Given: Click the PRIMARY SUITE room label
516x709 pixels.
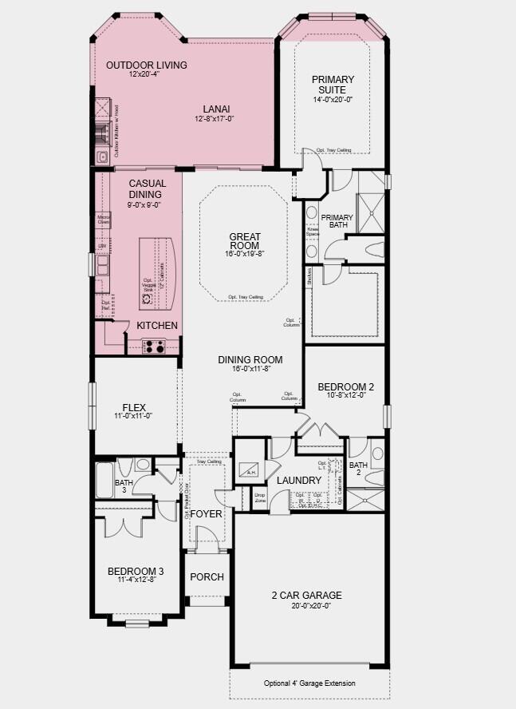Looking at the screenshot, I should coord(333,85).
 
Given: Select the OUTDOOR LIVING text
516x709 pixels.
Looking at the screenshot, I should coord(146,65).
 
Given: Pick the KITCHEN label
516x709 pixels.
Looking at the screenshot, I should coord(157,326).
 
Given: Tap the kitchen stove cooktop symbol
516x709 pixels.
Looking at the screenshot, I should coord(153,347).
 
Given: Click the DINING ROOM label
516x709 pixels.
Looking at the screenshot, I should coord(250,360).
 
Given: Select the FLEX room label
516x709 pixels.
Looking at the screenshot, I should coord(132,406).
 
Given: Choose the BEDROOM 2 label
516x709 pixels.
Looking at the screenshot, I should coord(346,386).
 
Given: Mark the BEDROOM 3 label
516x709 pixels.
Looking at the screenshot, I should coord(136,571).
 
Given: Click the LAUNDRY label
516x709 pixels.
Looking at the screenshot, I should coord(298,481).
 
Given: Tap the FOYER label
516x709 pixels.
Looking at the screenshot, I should coord(206,513).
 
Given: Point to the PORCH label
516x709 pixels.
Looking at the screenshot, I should coord(207,577).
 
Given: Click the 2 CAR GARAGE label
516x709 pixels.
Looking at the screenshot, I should coord(306,595).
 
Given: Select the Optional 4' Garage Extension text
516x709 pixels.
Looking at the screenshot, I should coord(309,683).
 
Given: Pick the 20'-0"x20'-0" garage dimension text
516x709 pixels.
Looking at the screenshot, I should coord(306,605).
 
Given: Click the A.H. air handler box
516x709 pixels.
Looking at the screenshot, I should coord(250,470).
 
